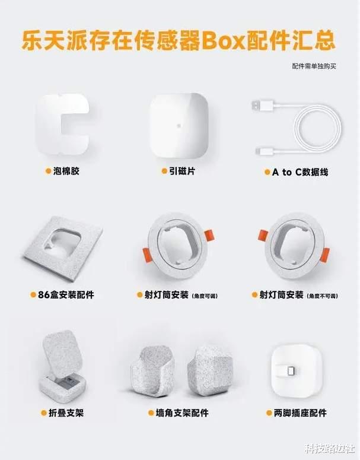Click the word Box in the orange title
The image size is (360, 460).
click(x=224, y=40)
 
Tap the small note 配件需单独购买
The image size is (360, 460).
click(x=314, y=66)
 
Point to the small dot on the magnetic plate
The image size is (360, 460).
click(x=179, y=126)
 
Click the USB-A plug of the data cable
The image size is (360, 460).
click(x=260, y=105)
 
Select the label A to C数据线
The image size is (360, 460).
click(x=300, y=172)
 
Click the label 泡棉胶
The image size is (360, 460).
click(x=66, y=171)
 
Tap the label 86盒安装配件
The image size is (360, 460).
click(x=66, y=294)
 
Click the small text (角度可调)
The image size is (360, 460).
click(x=205, y=296)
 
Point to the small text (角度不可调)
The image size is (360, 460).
click(x=322, y=296)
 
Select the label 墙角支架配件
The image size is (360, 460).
click(x=182, y=413)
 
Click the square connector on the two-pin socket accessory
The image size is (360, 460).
click(x=292, y=371)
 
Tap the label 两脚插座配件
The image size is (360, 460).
click(x=300, y=413)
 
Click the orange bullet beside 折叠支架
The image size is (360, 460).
click(x=44, y=413)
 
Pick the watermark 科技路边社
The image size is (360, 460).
click(x=330, y=448)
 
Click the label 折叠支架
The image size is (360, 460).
click(x=66, y=413)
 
